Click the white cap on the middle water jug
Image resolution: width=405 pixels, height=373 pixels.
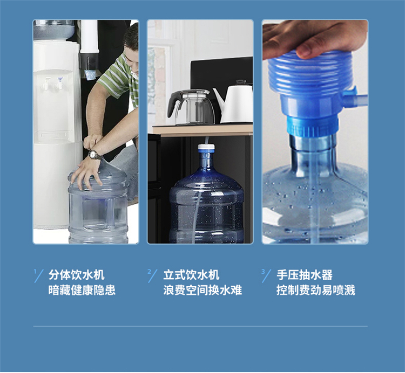[206, 148]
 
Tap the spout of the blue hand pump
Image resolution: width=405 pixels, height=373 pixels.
[355, 98]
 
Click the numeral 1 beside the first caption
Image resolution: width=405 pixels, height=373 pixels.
[35, 271]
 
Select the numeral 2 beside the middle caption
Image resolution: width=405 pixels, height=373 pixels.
[149, 271]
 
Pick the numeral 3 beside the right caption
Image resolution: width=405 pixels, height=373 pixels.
[263, 271]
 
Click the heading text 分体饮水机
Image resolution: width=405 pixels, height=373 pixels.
[77, 275]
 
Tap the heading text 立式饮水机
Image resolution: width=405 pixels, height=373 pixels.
[191, 275]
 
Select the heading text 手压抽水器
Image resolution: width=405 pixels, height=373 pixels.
[305, 275]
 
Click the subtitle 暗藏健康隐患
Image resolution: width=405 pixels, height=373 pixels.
[82, 290]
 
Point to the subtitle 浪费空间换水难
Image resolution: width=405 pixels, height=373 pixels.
[202, 290]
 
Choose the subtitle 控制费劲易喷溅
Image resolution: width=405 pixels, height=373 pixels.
[316, 290]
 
